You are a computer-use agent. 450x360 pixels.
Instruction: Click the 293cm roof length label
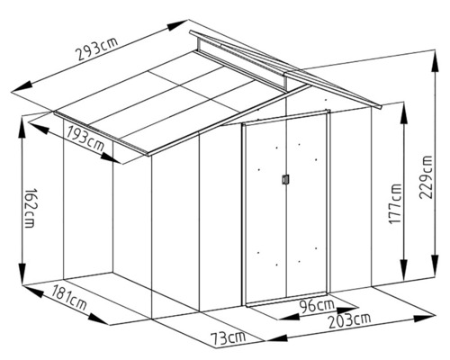[96, 49]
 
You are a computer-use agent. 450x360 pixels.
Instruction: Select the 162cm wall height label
[31, 208]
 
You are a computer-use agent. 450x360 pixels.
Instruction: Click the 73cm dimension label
[228, 337]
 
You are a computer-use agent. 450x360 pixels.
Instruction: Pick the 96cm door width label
[317, 306]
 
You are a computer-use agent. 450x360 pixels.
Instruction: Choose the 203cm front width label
[350, 320]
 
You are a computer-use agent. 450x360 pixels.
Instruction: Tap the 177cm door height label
[395, 204]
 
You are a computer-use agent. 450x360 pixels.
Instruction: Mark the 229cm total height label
[427, 177]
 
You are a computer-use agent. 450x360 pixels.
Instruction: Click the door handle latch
[285, 179]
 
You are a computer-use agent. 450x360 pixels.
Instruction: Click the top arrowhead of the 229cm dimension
[435, 61]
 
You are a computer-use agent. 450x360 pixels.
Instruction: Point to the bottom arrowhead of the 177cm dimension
[404, 268]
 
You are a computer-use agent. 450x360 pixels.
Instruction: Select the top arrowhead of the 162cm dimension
[22, 127]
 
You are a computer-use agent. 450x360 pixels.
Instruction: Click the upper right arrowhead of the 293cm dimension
[177, 25]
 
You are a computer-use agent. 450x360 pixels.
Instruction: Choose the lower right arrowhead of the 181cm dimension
[98, 319]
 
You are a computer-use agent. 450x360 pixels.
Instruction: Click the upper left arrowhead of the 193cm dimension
[40, 128]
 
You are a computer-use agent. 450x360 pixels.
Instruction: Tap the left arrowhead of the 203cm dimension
[276, 338]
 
